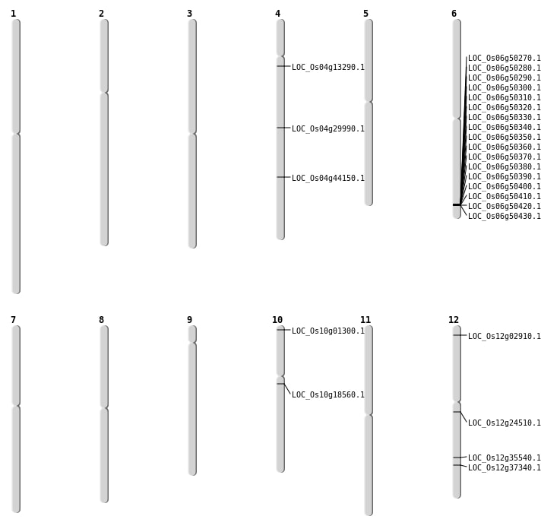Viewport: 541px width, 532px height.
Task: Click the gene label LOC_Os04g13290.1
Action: (x=328, y=68)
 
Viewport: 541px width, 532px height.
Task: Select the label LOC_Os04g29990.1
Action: (x=328, y=128)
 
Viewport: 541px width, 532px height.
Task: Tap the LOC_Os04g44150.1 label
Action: (x=328, y=178)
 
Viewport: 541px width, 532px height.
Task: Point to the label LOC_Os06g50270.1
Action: (x=505, y=58)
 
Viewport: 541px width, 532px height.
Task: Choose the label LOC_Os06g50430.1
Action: (x=505, y=216)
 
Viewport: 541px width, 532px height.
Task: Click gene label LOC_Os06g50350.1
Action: (x=505, y=137)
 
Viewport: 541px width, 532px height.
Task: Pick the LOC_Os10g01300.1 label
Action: (x=328, y=331)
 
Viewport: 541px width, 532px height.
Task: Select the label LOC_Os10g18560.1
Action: (x=328, y=394)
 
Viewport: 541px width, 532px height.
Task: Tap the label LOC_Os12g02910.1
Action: (x=505, y=336)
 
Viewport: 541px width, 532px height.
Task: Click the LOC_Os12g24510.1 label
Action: (x=505, y=423)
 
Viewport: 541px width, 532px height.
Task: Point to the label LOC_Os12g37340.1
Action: (x=505, y=467)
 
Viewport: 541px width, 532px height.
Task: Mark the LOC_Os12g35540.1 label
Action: (x=505, y=458)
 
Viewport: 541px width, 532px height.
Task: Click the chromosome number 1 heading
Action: (x=13, y=14)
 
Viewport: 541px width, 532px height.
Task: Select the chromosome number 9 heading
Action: (x=189, y=320)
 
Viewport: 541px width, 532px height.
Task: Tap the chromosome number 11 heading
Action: (x=365, y=320)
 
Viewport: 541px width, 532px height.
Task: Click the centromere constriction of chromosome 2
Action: (x=104, y=93)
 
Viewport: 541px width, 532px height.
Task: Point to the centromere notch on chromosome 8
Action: (x=104, y=408)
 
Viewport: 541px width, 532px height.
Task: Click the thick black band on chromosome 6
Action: (x=457, y=205)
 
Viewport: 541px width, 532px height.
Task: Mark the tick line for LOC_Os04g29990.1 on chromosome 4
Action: (x=283, y=128)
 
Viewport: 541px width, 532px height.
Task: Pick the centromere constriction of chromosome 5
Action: (x=369, y=102)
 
